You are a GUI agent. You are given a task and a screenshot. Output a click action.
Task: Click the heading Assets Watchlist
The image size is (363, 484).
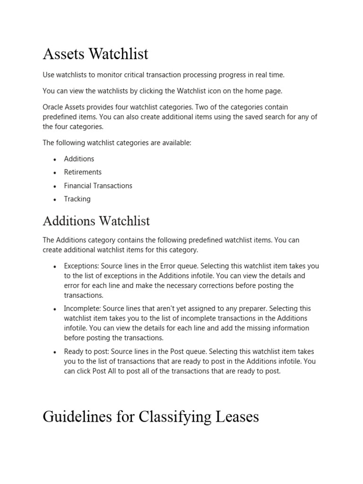[95, 54]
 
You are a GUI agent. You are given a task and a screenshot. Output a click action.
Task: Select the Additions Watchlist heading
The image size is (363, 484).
[96, 221]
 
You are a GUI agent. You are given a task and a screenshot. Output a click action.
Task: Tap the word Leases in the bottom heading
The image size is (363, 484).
[234, 416]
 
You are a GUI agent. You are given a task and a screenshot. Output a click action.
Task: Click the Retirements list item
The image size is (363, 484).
[83, 172]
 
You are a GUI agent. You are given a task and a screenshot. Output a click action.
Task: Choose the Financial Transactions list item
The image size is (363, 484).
[98, 186]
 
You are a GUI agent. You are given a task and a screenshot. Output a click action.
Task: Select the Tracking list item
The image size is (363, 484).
[77, 199]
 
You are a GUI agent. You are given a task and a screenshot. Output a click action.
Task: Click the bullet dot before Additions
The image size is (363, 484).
[55, 159]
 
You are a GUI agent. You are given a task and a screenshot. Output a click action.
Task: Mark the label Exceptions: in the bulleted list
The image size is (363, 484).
[81, 266]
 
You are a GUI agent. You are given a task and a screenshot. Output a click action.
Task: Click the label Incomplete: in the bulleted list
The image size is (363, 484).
[82, 309]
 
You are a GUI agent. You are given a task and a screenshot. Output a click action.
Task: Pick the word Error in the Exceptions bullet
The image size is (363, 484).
[182, 266]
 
